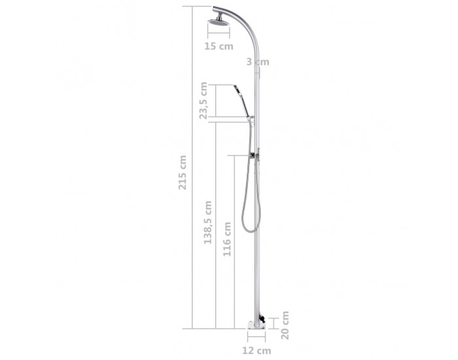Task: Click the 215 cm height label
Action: coord(183,172)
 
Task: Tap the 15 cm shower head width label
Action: coord(219,46)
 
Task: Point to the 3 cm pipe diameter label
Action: coord(258,62)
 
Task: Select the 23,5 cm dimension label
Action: coord(203,101)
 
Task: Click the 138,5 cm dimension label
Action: coord(207,223)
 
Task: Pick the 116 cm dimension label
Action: coord(227,240)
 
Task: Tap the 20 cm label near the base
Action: coord(285,325)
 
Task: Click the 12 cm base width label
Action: coord(256,350)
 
